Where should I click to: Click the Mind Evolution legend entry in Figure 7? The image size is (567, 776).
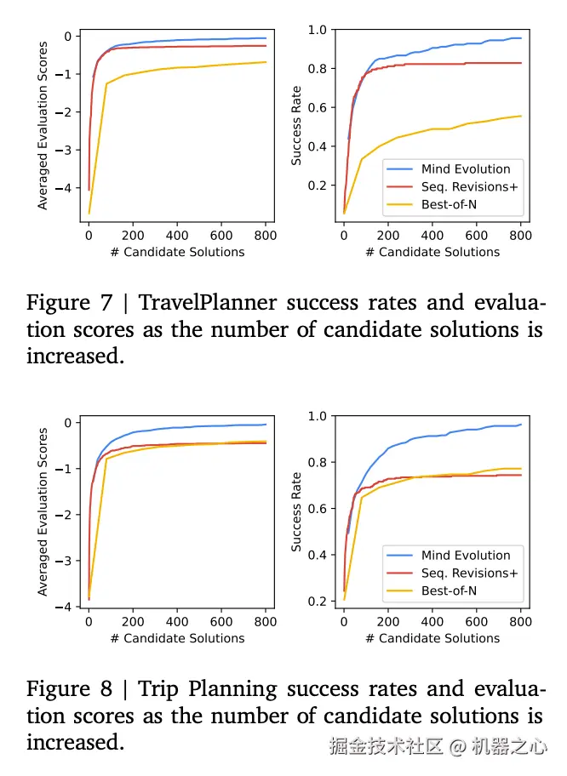click(x=466, y=168)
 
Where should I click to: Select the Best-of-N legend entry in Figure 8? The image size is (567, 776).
click(x=449, y=591)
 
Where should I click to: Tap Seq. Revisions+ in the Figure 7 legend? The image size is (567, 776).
click(x=469, y=186)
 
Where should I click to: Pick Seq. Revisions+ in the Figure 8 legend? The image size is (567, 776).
click(x=469, y=573)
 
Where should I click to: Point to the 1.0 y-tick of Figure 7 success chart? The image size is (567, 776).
click(x=317, y=30)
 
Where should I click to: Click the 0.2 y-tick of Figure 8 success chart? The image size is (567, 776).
click(x=317, y=602)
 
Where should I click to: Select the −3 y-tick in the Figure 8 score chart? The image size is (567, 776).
click(x=67, y=561)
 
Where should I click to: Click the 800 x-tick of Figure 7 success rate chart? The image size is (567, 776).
click(x=520, y=236)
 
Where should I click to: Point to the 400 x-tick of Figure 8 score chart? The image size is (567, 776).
click(x=177, y=622)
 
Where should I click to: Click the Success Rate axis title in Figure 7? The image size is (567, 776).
click(x=296, y=127)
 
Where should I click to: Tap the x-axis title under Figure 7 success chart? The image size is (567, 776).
click(x=432, y=252)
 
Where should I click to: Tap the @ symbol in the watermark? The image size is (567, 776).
click(x=457, y=746)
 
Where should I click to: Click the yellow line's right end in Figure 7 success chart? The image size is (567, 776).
click(x=520, y=117)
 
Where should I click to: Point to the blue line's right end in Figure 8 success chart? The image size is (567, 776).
click(x=520, y=424)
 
